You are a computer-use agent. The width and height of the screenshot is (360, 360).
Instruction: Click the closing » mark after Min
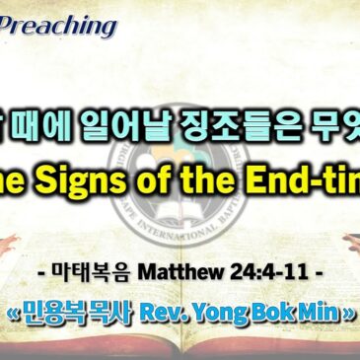(x=352, y=329)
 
